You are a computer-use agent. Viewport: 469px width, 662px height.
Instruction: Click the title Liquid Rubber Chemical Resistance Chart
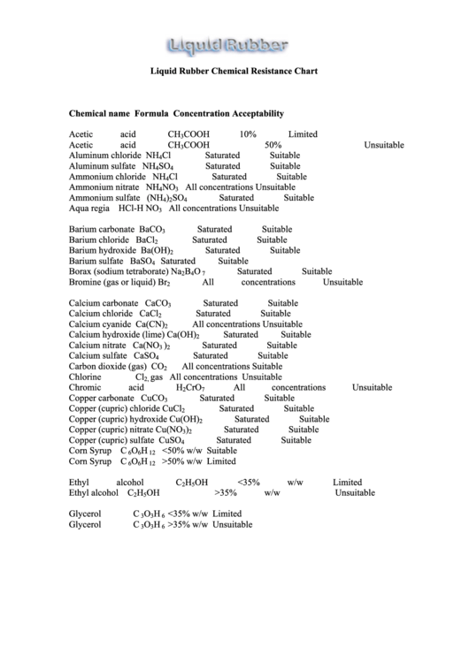coord(234,71)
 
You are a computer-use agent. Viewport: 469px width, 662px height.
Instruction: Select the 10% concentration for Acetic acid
coord(248,134)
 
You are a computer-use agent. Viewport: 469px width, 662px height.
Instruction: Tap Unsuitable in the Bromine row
coord(342,283)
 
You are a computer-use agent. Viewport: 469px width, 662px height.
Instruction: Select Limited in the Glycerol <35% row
coord(227,514)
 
